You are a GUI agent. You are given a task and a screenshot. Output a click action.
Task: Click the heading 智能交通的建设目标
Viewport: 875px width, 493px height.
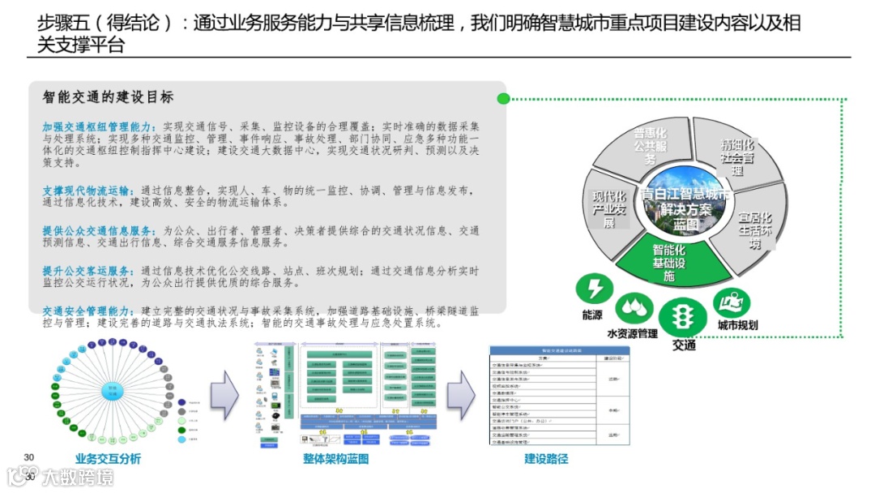pos(108,97)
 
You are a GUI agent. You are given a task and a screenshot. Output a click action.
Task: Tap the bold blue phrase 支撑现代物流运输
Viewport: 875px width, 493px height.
pos(86,190)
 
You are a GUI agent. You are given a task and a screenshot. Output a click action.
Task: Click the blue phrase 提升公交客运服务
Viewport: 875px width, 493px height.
pos(86,271)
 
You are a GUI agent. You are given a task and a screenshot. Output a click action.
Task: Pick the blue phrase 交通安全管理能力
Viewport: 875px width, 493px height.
pos(86,311)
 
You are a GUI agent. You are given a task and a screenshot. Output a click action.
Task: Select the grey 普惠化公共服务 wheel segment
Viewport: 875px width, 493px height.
pos(650,146)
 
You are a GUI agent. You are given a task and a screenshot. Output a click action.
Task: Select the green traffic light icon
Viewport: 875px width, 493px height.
pos(681,317)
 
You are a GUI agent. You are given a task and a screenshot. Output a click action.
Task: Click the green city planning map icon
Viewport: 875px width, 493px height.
pos(732,303)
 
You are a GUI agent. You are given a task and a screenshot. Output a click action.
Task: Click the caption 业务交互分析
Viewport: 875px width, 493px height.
pos(108,459)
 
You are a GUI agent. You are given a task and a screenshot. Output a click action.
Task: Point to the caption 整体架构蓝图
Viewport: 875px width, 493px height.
pos(335,459)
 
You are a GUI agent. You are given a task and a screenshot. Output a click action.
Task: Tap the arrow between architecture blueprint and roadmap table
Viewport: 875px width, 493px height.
pos(461,394)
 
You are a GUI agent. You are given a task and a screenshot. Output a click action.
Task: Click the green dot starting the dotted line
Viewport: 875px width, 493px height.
pos(503,99)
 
